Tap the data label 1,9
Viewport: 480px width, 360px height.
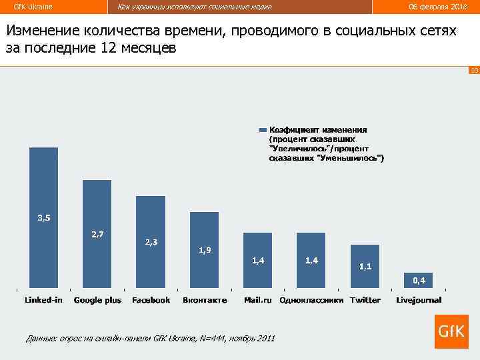point(205,250)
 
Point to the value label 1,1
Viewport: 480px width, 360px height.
point(365,266)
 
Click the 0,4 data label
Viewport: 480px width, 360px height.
point(419,280)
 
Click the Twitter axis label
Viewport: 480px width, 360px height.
point(365,300)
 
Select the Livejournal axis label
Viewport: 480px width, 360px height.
point(418,300)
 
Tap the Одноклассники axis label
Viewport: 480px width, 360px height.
point(311,300)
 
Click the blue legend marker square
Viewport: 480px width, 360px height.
point(263,130)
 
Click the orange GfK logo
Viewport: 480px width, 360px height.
point(451,331)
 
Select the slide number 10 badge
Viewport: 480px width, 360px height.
point(474,70)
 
